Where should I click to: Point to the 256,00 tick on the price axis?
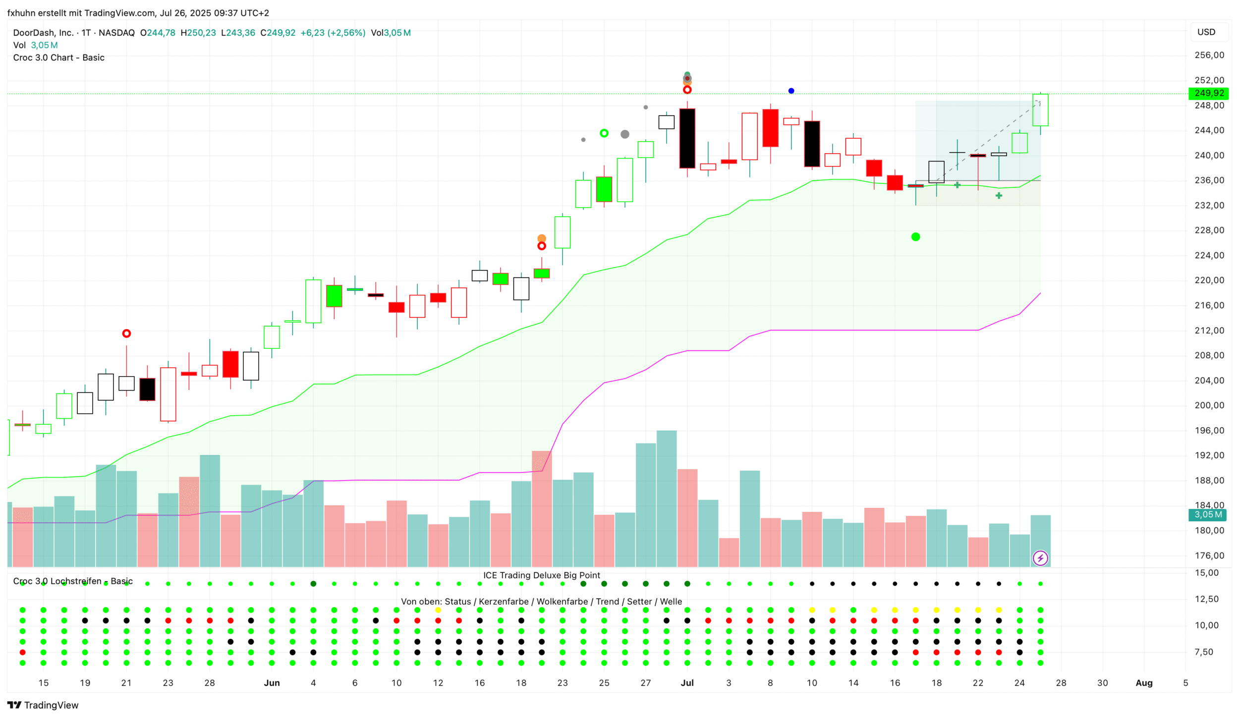(x=1209, y=55)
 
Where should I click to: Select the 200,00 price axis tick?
(x=1209, y=405)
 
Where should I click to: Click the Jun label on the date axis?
(x=272, y=683)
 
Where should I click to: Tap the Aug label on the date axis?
(x=1144, y=683)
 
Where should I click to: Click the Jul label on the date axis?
(x=687, y=683)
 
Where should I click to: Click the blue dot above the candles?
(x=791, y=91)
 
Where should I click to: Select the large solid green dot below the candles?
(x=915, y=237)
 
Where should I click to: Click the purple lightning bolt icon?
(x=1040, y=558)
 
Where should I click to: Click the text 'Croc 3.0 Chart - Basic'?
(x=58, y=57)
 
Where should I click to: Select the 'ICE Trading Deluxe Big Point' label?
(x=541, y=575)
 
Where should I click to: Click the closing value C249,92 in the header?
(x=278, y=33)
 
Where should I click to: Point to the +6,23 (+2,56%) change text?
(x=333, y=33)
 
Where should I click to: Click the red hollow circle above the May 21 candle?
(x=126, y=333)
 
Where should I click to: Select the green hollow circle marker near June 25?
(x=604, y=133)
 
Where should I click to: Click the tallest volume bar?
(x=666, y=498)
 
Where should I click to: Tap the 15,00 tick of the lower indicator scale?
(x=1206, y=573)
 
